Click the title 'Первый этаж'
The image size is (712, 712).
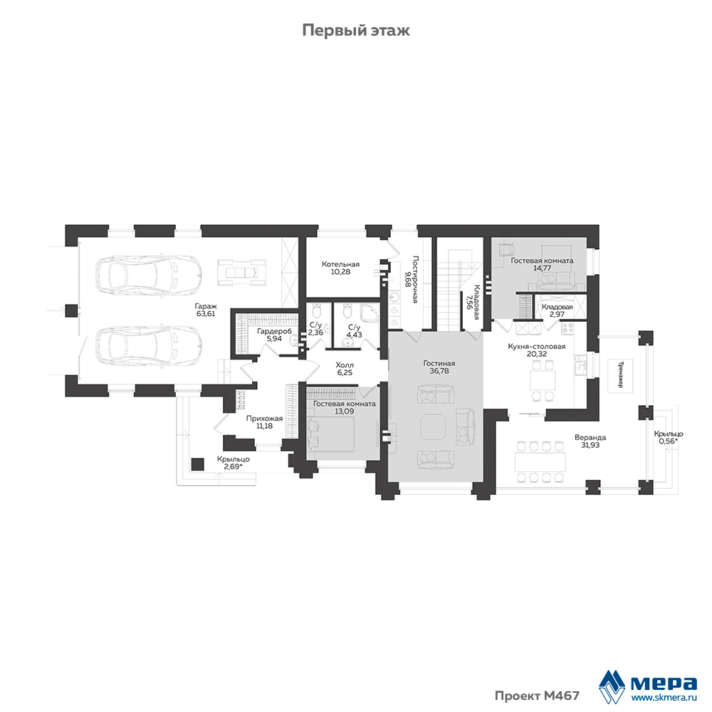(356, 31)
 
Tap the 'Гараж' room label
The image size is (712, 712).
(206, 306)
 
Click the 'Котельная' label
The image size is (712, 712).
(340, 264)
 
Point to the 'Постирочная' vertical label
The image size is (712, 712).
(416, 279)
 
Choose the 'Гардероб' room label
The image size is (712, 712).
(274, 331)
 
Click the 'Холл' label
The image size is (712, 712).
(345, 365)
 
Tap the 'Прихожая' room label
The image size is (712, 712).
(264, 419)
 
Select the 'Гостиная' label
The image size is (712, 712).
(439, 363)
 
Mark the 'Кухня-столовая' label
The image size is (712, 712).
(537, 347)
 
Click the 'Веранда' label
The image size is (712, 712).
(590, 438)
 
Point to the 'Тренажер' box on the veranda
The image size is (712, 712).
(620, 375)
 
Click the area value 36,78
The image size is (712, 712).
(439, 371)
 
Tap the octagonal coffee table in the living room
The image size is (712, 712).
(433, 426)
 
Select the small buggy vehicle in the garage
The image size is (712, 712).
(241, 273)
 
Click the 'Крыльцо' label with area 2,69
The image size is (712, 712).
(234, 459)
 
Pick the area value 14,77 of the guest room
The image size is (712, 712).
(542, 268)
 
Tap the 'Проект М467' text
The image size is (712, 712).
(537, 696)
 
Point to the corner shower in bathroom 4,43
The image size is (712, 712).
(369, 312)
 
